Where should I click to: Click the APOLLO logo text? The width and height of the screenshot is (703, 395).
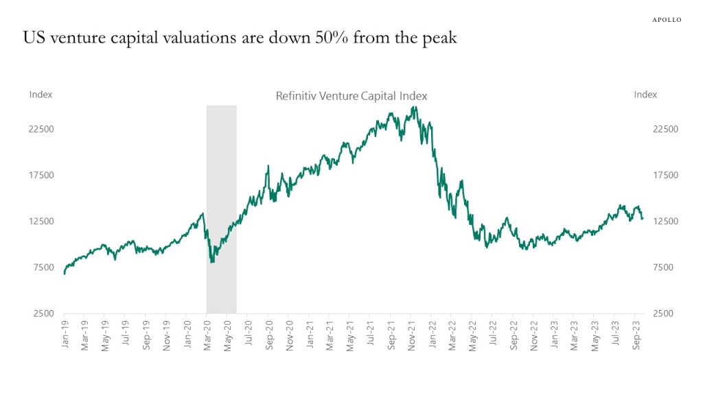[666, 20]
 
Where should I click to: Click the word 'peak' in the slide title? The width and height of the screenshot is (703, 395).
[439, 38]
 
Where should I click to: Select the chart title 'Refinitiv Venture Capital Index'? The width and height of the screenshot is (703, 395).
[351, 96]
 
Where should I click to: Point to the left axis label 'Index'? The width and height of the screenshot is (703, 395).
[41, 95]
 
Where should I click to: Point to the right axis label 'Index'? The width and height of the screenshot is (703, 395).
[645, 95]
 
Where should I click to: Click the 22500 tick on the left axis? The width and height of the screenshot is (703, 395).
[41, 129]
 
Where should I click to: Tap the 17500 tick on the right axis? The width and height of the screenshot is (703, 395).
[646, 175]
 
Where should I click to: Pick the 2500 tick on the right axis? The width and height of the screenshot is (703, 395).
[646, 313]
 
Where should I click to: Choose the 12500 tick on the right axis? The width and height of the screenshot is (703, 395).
[646, 221]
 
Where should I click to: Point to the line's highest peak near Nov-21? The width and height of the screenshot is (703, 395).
[415, 107]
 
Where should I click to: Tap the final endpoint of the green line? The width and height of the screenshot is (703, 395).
[643, 219]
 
